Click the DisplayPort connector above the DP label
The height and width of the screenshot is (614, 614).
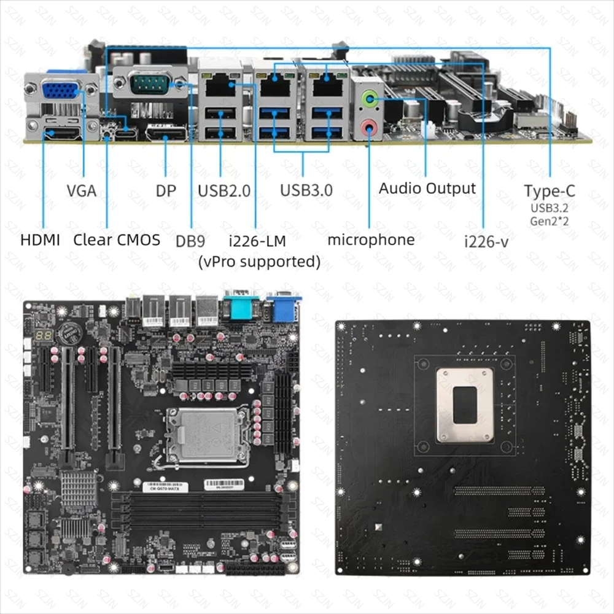click(x=166, y=133)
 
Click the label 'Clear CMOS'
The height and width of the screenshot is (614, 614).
click(x=117, y=239)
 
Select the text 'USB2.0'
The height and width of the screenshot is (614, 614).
click(x=224, y=190)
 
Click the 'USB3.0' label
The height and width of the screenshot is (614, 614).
click(x=306, y=190)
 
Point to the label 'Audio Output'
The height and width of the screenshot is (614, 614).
click(x=427, y=188)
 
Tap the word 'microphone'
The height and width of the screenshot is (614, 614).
click(x=371, y=239)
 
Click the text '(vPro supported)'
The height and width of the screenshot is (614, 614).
click(x=259, y=262)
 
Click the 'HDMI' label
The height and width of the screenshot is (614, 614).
click(x=41, y=239)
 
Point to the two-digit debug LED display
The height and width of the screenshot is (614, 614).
click(x=42, y=335)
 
